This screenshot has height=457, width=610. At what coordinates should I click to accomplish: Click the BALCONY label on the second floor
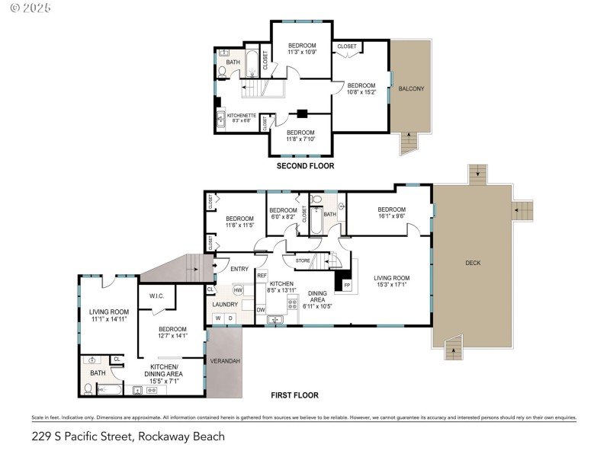coord(411,89)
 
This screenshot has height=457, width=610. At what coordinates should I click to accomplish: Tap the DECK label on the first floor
coord(474,263)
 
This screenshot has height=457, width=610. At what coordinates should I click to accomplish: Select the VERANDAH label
coord(225,360)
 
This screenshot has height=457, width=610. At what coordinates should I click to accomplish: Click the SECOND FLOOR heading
coord(305,165)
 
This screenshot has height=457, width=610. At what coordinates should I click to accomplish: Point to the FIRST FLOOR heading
coord(295,395)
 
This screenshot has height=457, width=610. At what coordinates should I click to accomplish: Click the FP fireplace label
coord(347,285)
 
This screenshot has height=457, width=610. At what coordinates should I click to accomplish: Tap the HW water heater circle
coord(239,290)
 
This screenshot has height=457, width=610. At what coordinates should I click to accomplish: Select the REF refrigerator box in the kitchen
coord(262,275)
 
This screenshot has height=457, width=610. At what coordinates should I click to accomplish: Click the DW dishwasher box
coord(261,309)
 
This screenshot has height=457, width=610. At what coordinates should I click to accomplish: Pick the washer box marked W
coord(217,318)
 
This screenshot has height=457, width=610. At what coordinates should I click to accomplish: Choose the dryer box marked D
coord(230,318)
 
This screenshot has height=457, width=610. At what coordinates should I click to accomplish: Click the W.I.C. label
coord(157,296)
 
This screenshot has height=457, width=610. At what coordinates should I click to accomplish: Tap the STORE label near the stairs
coord(303,260)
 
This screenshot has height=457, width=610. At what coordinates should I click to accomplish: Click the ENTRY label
coord(239,268)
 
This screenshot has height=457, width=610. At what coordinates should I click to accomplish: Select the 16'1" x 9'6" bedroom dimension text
coord(391,216)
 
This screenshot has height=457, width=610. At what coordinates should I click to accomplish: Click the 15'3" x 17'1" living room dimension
coord(392,285)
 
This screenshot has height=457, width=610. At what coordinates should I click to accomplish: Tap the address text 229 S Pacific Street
coord(128,436)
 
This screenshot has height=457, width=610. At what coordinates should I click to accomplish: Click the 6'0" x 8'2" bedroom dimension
coord(283,216)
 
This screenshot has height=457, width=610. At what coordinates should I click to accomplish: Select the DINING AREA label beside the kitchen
coord(317,298)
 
